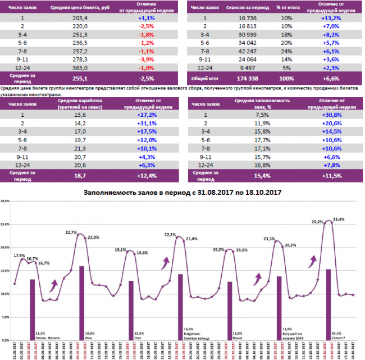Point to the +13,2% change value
[x=332, y=17]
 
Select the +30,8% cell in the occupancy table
[x=332, y=116]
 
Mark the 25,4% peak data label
[x=339, y=218]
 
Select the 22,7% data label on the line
[x=71, y=232]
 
